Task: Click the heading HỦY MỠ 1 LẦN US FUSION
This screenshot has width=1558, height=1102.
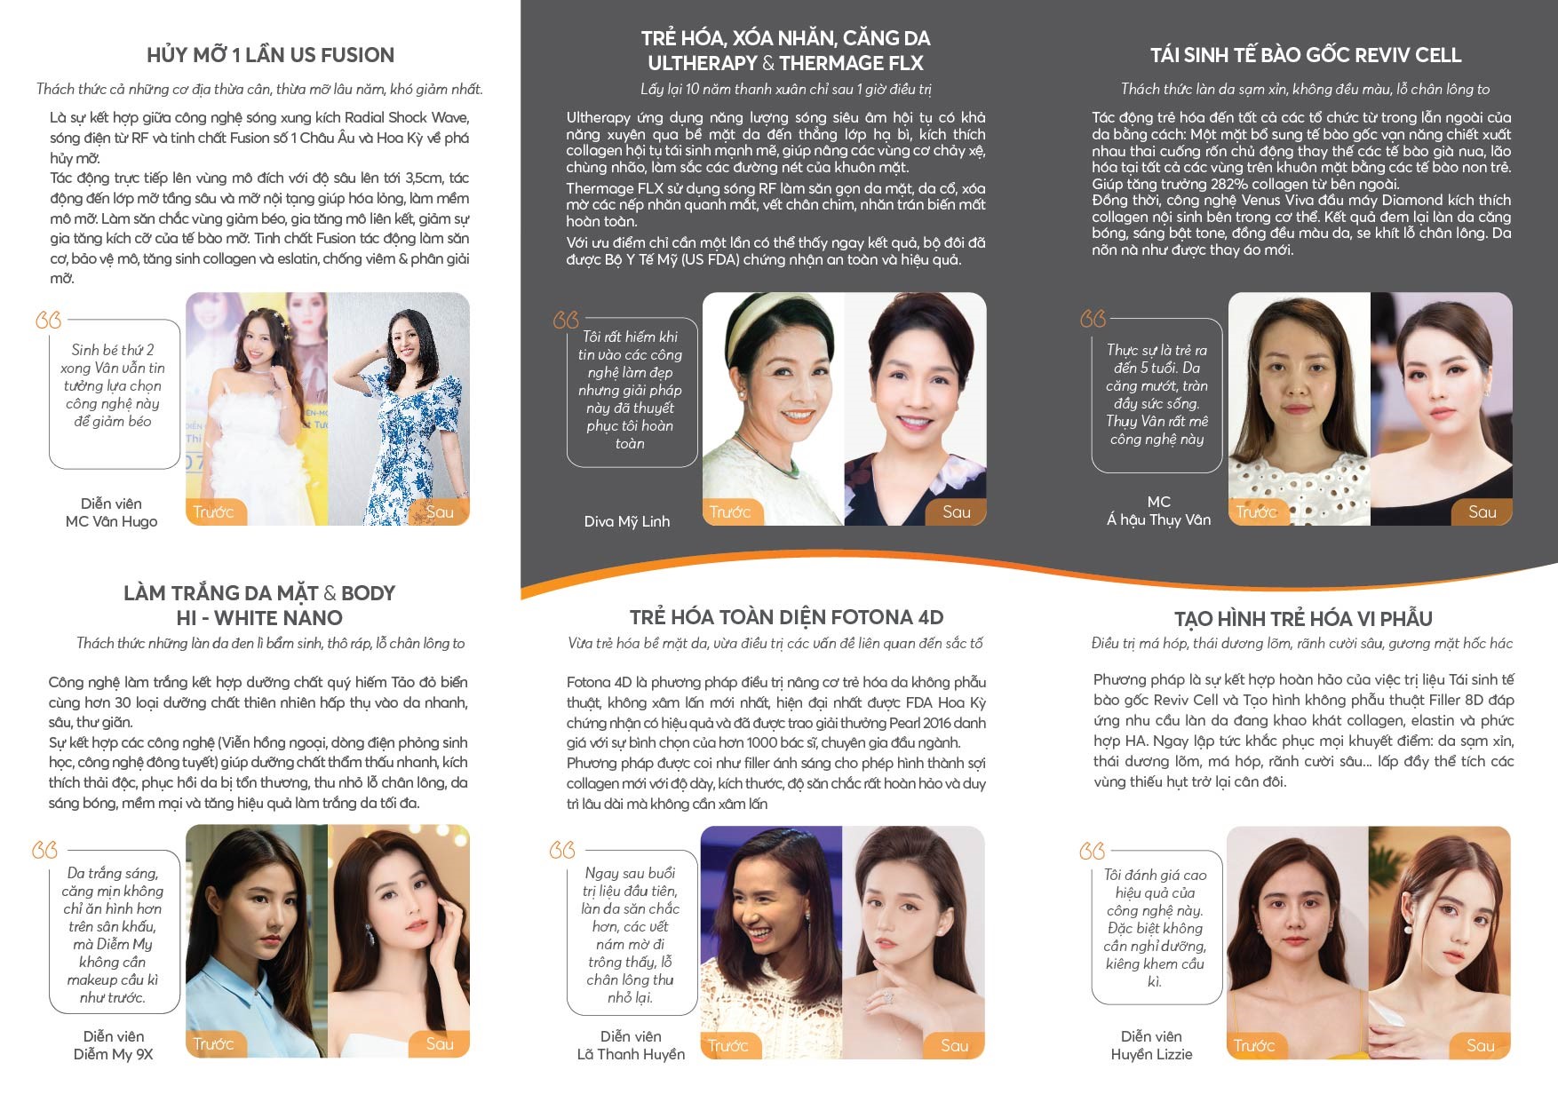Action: pyautogui.click(x=270, y=55)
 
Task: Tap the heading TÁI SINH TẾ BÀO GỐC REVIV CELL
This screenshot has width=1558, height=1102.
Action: pyautogui.click(x=1305, y=55)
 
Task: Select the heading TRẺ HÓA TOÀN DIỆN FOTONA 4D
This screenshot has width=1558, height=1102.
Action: pyautogui.click(x=786, y=617)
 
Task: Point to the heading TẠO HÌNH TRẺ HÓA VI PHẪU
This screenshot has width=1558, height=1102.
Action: pyautogui.click(x=1303, y=619)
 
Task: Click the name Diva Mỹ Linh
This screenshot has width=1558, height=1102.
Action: pyautogui.click(x=627, y=521)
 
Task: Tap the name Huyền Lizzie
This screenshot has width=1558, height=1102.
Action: pyautogui.click(x=1151, y=1054)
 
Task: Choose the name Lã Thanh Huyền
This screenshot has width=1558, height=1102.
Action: pyautogui.click(x=631, y=1054)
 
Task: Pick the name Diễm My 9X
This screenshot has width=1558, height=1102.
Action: pyautogui.click(x=113, y=1054)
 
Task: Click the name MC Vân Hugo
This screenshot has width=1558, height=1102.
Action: pyautogui.click(x=111, y=521)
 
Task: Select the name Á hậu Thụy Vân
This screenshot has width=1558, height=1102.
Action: pyautogui.click(x=1158, y=519)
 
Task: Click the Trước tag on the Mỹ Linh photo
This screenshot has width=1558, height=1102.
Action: pyautogui.click(x=730, y=511)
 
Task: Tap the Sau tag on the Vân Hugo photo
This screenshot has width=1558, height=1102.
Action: pyautogui.click(x=440, y=511)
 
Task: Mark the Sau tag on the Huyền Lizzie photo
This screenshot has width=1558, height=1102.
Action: pyautogui.click(x=1480, y=1045)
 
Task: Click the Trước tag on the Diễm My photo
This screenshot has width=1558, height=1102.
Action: pyautogui.click(x=213, y=1043)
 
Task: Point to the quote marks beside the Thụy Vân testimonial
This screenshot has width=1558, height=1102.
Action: pyautogui.click(x=1093, y=319)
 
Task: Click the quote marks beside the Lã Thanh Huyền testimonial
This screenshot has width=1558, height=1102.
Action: pyautogui.click(x=562, y=850)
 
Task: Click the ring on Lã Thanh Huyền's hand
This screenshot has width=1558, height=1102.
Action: pyautogui.click(x=887, y=998)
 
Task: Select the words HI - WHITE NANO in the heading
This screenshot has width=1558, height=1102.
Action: pyautogui.click(x=259, y=618)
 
